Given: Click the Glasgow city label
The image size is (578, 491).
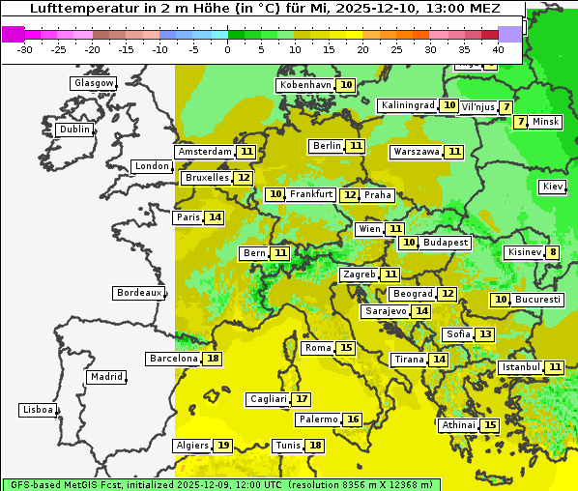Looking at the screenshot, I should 93,83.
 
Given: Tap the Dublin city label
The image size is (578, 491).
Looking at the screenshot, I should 73,130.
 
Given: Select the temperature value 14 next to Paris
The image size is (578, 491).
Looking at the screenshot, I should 215,217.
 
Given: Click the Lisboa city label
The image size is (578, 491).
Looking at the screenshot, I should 37,410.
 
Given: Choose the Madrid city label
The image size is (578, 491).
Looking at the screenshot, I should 105,377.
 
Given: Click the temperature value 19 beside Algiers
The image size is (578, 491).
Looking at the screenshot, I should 223,446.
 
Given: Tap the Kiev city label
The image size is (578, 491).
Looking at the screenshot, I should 553,186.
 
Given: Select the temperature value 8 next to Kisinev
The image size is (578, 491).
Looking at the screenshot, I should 553,253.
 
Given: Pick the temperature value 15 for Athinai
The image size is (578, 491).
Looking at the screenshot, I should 490,425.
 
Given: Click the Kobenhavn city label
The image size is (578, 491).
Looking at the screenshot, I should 304,85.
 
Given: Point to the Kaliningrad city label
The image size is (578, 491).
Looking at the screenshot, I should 408,105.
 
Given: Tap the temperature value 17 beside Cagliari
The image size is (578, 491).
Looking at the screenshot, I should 302,399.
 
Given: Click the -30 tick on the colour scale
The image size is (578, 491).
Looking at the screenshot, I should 25,48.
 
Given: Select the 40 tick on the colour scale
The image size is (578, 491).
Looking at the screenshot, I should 498,48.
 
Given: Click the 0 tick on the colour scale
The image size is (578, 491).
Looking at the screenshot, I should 227,48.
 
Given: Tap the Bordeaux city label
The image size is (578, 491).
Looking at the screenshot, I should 138,293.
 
